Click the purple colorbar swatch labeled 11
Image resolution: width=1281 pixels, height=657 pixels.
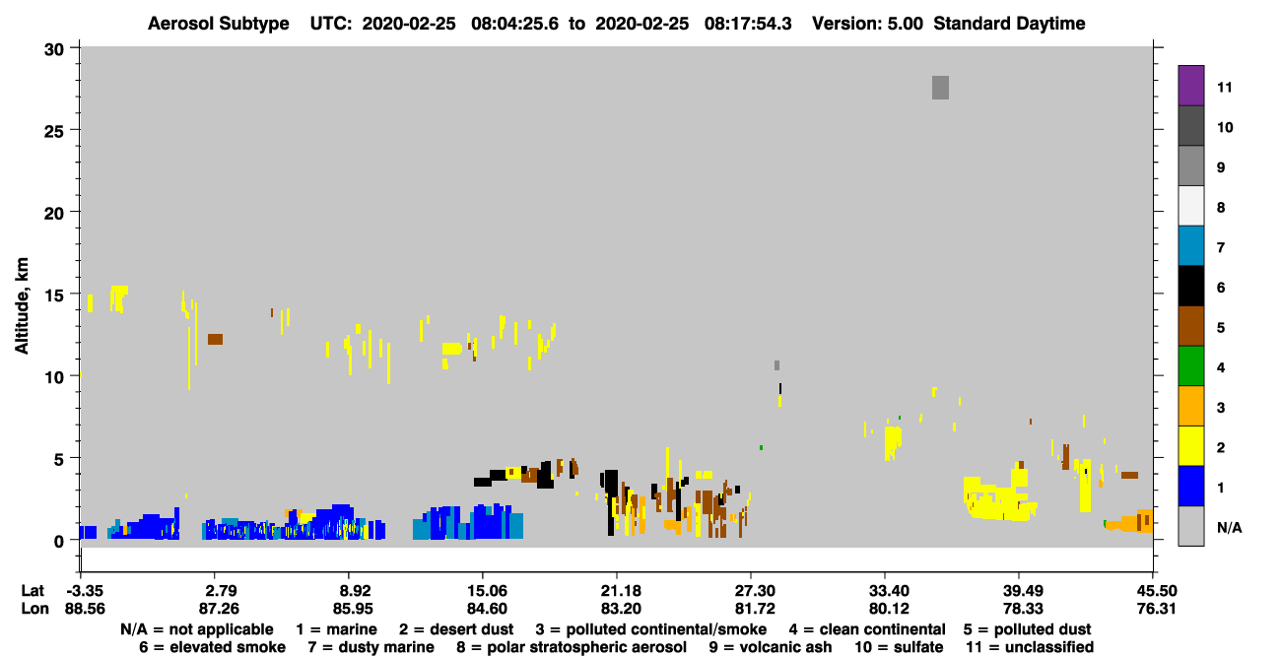click(1190, 85)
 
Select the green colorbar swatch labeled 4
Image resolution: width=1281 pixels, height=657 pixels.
click(1190, 366)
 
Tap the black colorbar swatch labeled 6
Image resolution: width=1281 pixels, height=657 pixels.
click(1190, 286)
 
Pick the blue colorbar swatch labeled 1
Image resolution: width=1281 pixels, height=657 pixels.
click(1190, 486)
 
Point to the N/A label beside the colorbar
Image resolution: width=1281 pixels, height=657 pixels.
click(1229, 527)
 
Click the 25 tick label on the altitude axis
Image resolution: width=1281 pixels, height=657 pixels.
click(54, 131)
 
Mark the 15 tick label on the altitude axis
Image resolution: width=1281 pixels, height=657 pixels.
click(54, 296)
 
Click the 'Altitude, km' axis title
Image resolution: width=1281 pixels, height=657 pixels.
click(22, 306)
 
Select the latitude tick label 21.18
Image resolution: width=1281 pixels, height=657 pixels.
click(621, 590)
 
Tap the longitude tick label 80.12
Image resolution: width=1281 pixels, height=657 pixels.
click(888, 609)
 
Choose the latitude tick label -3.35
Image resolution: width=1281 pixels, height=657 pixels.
click(85, 590)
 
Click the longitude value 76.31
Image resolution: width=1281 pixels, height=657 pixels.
click(1156, 609)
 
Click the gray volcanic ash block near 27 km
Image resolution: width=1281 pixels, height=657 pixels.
click(940, 88)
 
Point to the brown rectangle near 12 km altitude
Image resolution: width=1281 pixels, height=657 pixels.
click(215, 339)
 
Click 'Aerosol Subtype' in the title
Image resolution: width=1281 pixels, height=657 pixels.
click(219, 24)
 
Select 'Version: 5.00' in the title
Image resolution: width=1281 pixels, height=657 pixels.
click(867, 24)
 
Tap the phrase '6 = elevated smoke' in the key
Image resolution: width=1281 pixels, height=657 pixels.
click(212, 647)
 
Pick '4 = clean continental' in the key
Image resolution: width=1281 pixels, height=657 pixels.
click(867, 629)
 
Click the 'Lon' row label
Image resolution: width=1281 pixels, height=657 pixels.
click(34, 609)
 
